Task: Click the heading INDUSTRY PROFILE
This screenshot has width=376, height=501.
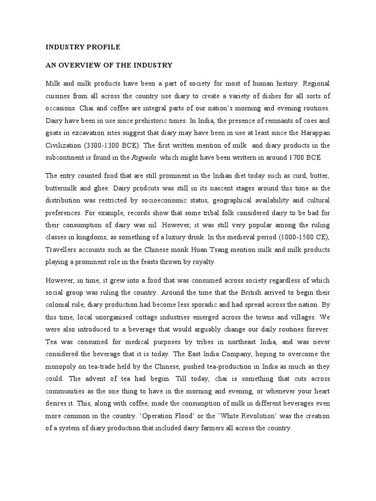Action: [x=82, y=47]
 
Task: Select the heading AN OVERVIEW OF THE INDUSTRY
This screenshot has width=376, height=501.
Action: [x=109, y=65]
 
